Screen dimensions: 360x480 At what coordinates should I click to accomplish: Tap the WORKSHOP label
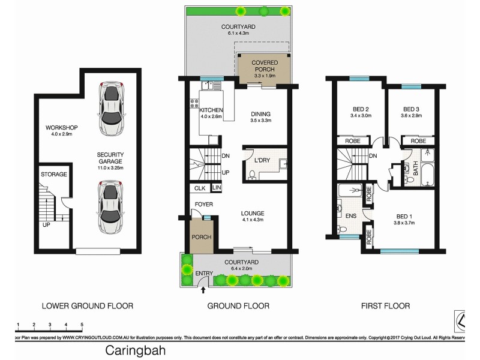[62, 128]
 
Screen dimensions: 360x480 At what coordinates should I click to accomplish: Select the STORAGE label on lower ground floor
[53, 174]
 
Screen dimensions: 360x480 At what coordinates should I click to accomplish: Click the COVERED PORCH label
[264, 66]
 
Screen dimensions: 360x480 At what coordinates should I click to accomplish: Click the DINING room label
[260, 114]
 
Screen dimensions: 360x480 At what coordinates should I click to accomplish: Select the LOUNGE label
[252, 213]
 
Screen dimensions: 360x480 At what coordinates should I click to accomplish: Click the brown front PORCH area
[201, 236]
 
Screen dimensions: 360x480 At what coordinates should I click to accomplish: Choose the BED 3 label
[411, 109]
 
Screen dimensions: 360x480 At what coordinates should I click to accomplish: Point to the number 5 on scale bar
[82, 325]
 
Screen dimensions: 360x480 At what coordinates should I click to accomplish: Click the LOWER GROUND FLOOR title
[87, 306]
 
